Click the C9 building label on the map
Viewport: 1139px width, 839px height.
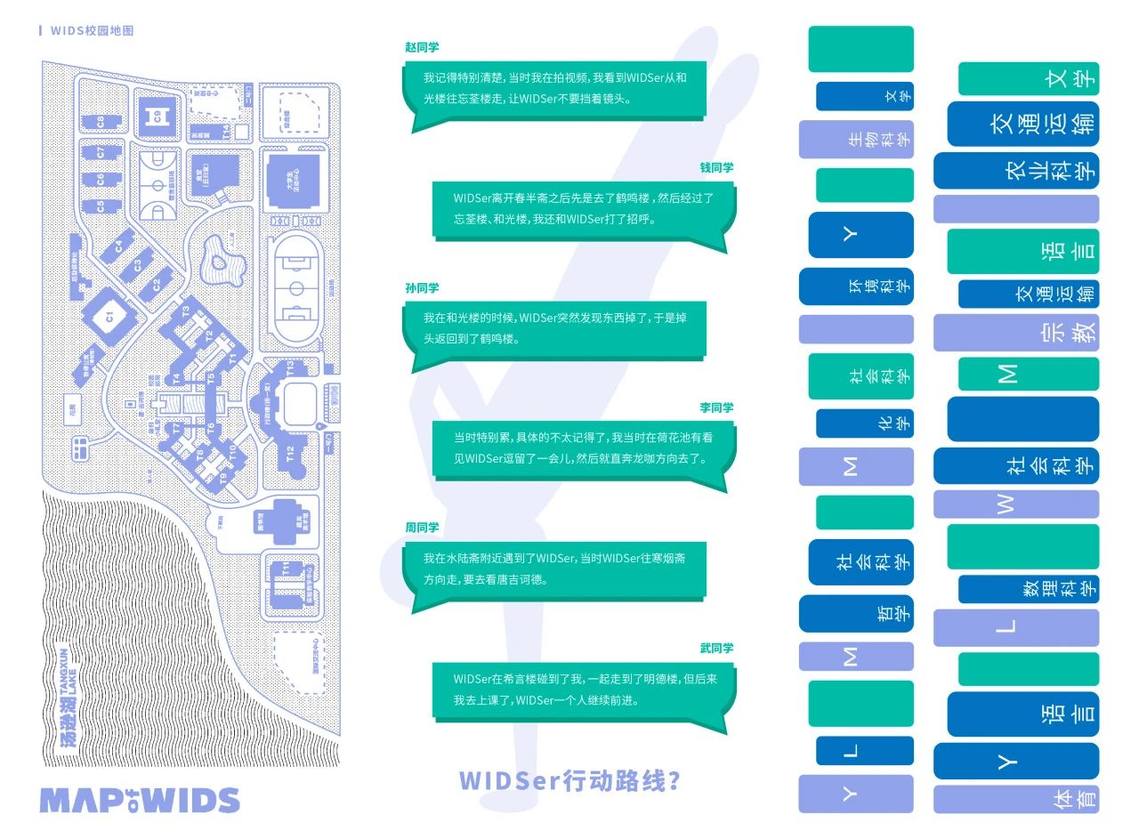pyautogui.click(x=157, y=116)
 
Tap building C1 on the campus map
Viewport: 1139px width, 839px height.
pyautogui.click(x=109, y=316)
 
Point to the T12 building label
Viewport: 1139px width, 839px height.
pyautogui.click(x=290, y=453)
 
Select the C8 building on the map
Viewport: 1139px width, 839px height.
pyautogui.click(x=101, y=121)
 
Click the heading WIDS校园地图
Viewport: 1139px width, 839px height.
pyautogui.click(x=92, y=31)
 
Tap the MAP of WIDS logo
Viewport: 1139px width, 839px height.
pyautogui.click(x=139, y=800)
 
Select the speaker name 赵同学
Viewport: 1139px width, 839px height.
pyautogui.click(x=422, y=47)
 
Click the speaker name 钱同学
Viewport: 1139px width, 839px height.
pyautogui.click(x=716, y=167)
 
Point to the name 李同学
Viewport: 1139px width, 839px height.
pyautogui.click(x=716, y=407)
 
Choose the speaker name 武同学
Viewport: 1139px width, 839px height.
pyautogui.click(x=716, y=648)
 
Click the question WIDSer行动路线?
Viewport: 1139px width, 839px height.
pyautogui.click(x=570, y=780)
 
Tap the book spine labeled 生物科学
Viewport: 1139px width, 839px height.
pyautogui.click(x=856, y=140)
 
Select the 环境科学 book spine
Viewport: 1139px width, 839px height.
pyautogui.click(x=856, y=286)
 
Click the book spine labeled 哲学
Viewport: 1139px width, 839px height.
pyautogui.click(x=856, y=613)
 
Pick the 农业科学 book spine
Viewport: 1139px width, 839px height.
pyautogui.click(x=1016, y=171)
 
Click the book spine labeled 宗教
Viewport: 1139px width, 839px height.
pyautogui.click(x=1016, y=333)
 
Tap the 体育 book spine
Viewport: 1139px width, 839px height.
pyautogui.click(x=1016, y=799)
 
